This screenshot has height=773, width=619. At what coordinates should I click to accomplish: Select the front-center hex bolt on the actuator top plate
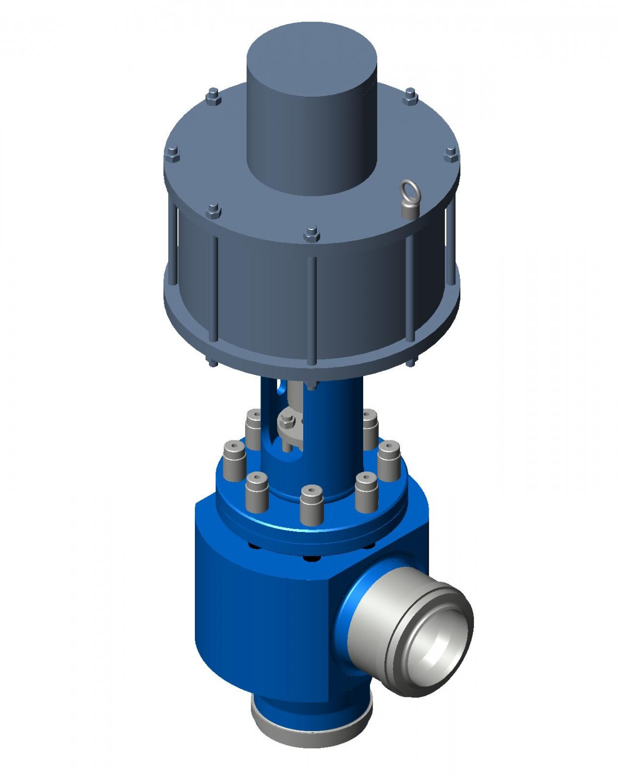click(x=312, y=234)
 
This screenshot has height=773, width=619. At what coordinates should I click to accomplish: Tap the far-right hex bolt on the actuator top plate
click(x=451, y=153)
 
